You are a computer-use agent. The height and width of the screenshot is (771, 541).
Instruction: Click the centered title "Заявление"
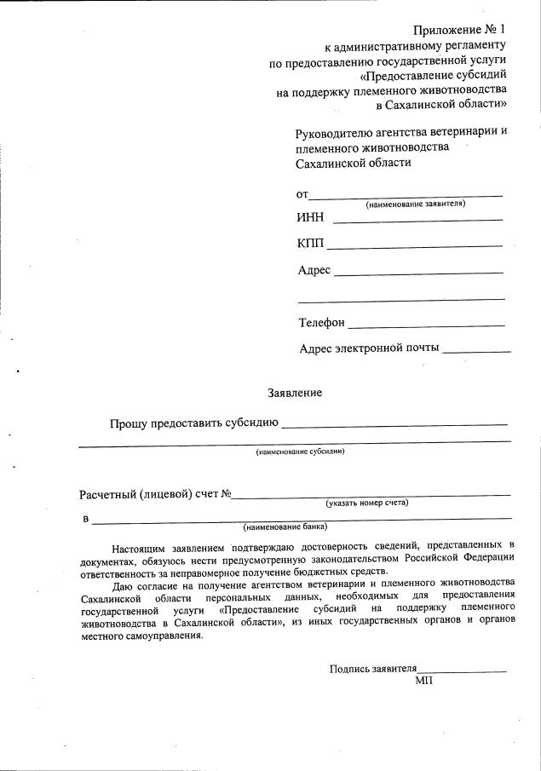[x=295, y=393]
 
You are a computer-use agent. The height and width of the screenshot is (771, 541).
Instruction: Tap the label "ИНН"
[x=310, y=217]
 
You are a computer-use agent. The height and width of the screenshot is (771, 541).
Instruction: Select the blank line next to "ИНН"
[x=417, y=221]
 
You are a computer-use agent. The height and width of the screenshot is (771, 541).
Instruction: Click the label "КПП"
[x=311, y=245]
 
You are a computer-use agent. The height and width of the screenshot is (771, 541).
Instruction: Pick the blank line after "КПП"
[x=415, y=247]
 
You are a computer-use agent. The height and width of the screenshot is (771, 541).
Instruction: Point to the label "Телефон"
[x=321, y=323]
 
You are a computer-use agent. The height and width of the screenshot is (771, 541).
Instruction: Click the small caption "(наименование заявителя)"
[x=415, y=204]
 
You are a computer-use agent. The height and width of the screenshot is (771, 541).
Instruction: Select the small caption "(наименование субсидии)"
[x=300, y=451]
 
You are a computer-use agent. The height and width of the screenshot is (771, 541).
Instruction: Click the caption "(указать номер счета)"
[x=367, y=503]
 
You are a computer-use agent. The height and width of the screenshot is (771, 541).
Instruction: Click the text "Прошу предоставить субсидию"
[x=193, y=422]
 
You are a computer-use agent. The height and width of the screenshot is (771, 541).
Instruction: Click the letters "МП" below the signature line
[x=424, y=682]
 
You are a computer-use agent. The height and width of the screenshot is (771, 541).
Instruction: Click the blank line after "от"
[x=405, y=197]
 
